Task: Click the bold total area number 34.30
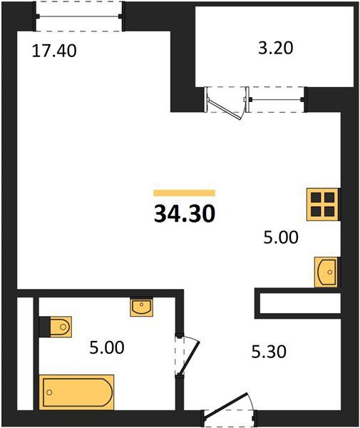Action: [x=185, y=214]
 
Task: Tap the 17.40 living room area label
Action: [x=54, y=51]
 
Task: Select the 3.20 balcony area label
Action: [x=275, y=49]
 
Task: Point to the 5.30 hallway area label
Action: [x=269, y=352]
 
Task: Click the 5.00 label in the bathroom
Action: [x=107, y=348]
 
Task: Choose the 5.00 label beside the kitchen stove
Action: [x=281, y=238]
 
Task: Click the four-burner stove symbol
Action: [x=323, y=205]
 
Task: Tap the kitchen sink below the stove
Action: [x=326, y=272]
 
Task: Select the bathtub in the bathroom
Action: [x=77, y=392]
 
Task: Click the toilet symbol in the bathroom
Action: [x=56, y=327]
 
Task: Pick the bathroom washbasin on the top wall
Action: [x=141, y=307]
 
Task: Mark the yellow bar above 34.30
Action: [x=185, y=193]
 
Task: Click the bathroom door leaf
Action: [x=190, y=357]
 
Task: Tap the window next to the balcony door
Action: [x=276, y=99]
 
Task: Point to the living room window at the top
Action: [x=79, y=16]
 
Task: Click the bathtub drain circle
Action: [x=49, y=392]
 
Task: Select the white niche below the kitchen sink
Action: [x=300, y=303]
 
